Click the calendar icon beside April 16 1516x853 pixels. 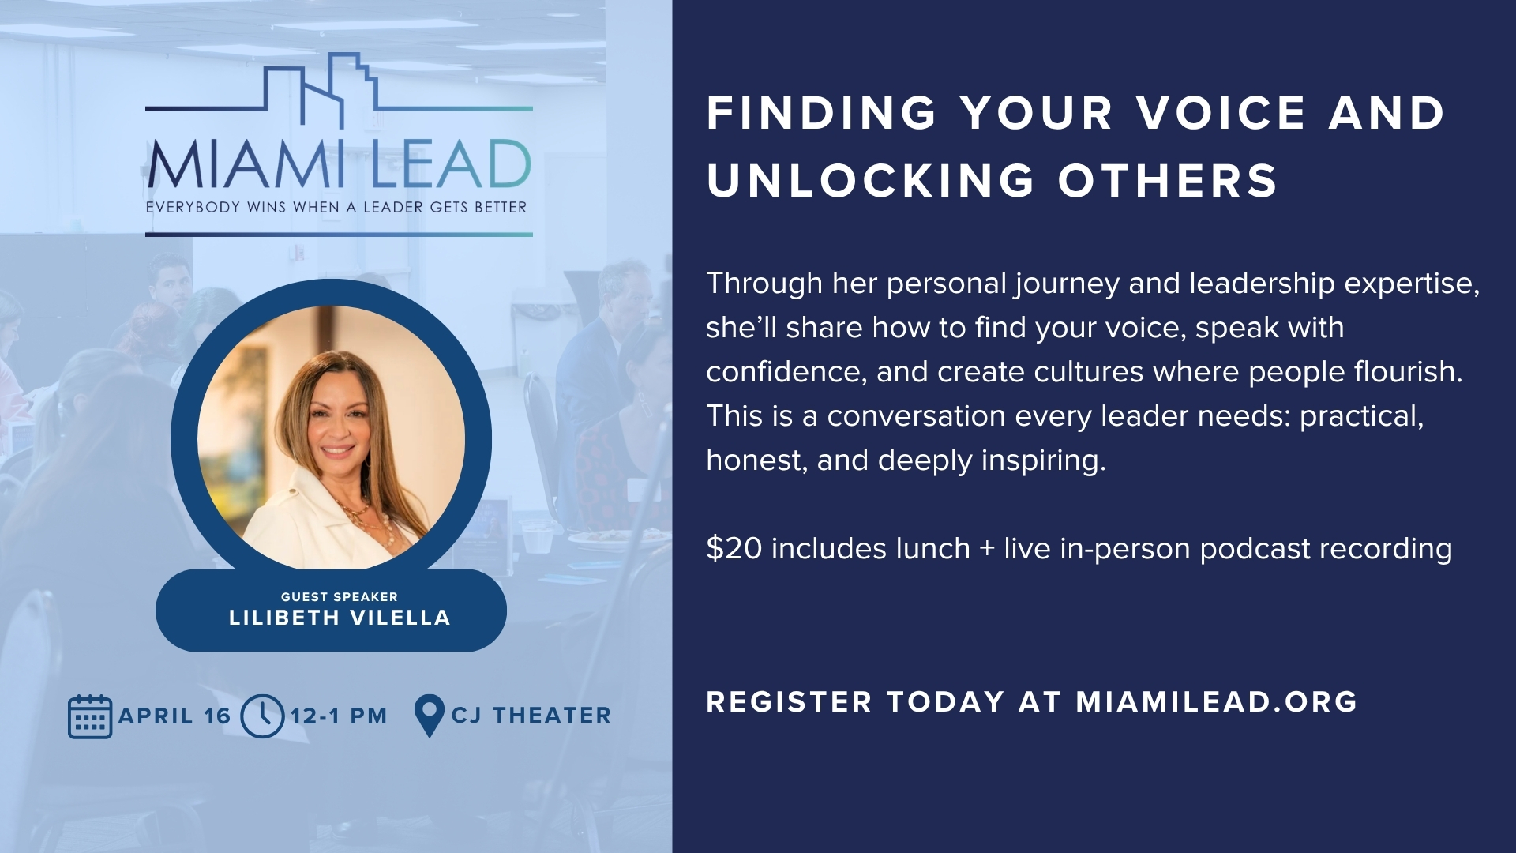tap(90, 716)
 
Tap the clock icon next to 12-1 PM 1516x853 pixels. tap(262, 716)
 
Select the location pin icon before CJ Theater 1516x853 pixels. tap(429, 716)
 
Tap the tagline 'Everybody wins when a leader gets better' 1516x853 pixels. tap(336, 208)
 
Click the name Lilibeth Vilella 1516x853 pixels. tap(340, 618)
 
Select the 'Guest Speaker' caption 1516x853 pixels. tap(340, 596)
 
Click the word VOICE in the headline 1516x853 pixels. tap(1222, 112)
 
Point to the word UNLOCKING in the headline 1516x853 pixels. tap(871, 180)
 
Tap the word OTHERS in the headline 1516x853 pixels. tap(1168, 180)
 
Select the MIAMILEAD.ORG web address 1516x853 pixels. tap(1217, 701)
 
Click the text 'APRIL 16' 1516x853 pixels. tap(174, 716)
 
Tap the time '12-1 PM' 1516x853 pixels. tap(339, 716)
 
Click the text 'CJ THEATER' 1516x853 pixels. tap(531, 716)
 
